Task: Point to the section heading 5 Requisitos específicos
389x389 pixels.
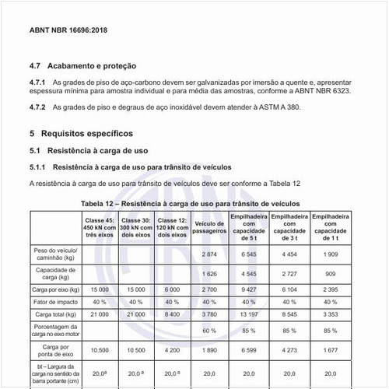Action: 81,134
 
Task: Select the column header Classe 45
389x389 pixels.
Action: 100,227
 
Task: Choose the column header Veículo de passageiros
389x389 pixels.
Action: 209,227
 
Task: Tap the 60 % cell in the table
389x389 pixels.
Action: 209,331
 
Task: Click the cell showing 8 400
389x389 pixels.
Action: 172,314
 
